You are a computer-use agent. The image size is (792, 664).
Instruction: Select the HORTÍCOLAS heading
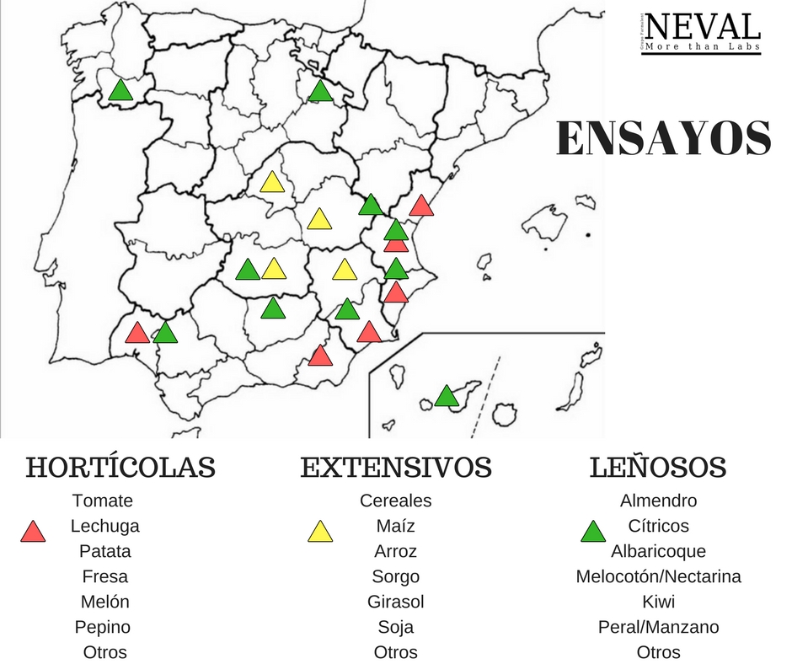(x=120, y=467)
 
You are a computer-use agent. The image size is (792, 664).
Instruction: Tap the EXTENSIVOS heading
(x=396, y=467)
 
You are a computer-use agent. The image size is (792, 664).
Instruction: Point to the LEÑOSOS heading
(x=658, y=467)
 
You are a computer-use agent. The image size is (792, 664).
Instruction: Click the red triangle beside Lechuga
(x=33, y=532)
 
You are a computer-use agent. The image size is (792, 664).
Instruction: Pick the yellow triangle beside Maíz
(x=320, y=532)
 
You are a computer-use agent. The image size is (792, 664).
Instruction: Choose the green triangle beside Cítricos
(x=593, y=532)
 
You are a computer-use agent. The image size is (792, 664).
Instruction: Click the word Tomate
(x=103, y=501)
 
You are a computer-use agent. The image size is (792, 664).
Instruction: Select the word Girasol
(x=395, y=602)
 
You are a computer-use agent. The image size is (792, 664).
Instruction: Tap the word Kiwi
(x=658, y=602)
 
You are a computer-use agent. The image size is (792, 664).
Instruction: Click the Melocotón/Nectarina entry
(x=658, y=576)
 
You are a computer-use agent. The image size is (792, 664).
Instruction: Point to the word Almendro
(x=658, y=501)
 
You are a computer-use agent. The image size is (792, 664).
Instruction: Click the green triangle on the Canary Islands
(x=447, y=396)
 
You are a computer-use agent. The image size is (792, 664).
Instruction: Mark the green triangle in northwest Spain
(x=121, y=91)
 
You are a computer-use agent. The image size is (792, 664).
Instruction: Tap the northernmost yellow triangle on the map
(x=271, y=182)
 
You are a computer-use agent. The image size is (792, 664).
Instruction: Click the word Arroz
(x=395, y=551)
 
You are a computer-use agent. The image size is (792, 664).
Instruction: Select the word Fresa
(x=105, y=576)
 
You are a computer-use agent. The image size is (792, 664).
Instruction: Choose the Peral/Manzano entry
(x=658, y=627)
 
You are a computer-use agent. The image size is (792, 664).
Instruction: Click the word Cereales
(x=395, y=501)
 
